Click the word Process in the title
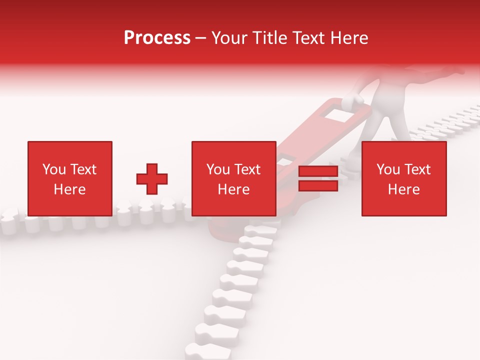tap(157, 38)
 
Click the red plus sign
tap(152, 179)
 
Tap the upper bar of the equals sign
tap(318, 171)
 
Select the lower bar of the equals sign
tap(318, 185)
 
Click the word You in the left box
tap(54, 169)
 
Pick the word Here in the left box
tap(69, 189)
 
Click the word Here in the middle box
tap(233, 189)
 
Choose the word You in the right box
tap(388, 169)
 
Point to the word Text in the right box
tap(416, 169)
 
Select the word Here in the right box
tap(403, 189)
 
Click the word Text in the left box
tap(82, 169)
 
